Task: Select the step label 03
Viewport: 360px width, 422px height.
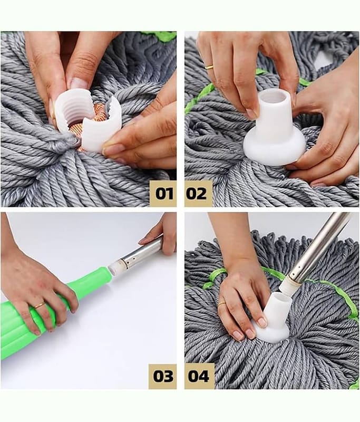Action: pos(163,376)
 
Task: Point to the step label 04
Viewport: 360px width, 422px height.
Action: pos(199,376)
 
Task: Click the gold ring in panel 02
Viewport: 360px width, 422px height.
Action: pos(209,67)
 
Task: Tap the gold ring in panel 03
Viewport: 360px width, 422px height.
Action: pos(40,305)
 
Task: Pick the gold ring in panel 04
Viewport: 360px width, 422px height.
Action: pos(222,304)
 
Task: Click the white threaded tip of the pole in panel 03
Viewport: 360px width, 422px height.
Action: pos(114,268)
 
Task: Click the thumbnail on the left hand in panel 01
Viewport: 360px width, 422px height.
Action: pos(76,83)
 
